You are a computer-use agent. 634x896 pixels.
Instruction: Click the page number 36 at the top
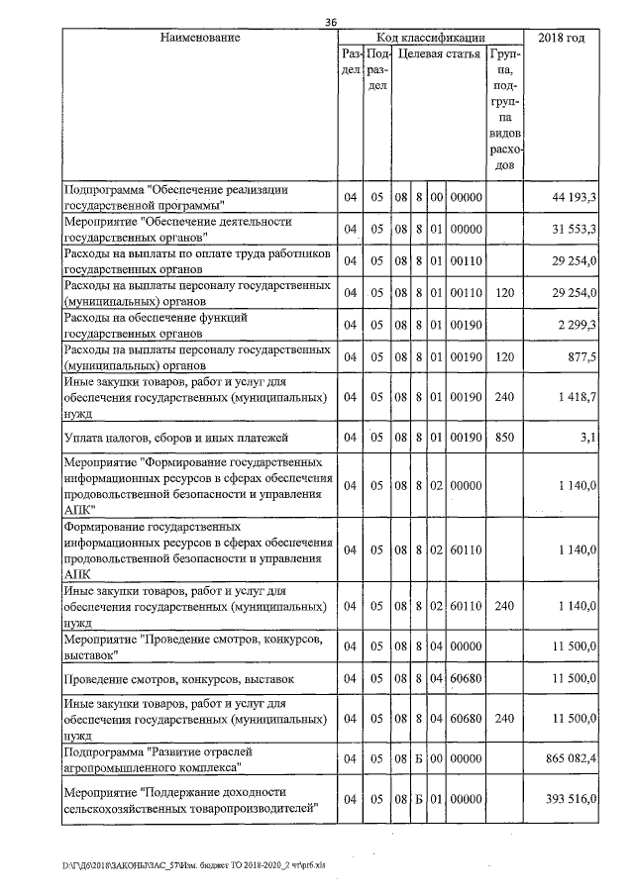click(x=332, y=23)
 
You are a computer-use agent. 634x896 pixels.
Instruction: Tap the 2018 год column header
click(x=563, y=38)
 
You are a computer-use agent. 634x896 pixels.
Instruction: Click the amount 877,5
click(x=581, y=356)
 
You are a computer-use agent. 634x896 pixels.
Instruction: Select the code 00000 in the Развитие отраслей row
click(x=465, y=758)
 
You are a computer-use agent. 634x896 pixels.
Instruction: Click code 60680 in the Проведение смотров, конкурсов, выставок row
click(x=465, y=678)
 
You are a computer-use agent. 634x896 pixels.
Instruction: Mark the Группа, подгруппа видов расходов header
click(x=505, y=109)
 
